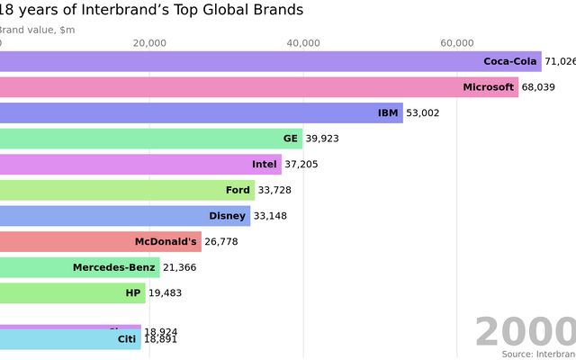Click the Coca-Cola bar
coord(270,62)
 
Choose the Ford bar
coord(127,190)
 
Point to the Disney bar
coord(125,216)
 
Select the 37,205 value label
coord(301,165)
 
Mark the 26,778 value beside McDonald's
coord(223,241)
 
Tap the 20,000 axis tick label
coord(149,43)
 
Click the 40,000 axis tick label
coord(303,43)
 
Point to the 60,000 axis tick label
coord(457,43)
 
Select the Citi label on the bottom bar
coord(127,339)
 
